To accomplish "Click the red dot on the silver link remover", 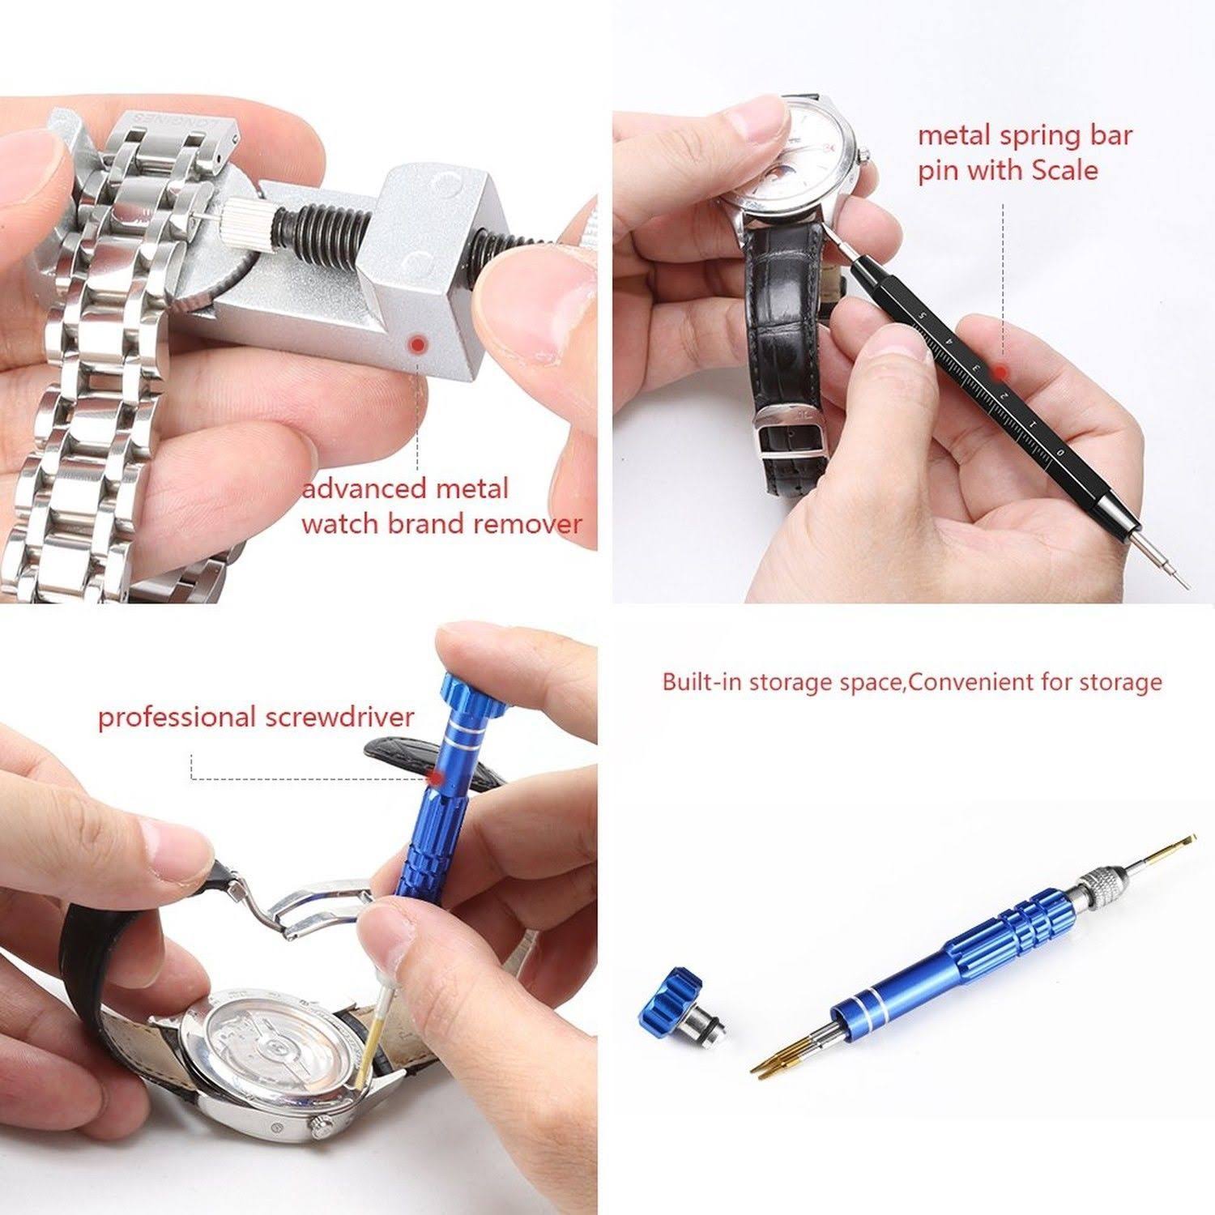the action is tap(418, 344).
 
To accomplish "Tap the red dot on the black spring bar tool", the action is tap(1002, 372).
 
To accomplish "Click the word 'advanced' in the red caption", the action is tap(364, 489).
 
